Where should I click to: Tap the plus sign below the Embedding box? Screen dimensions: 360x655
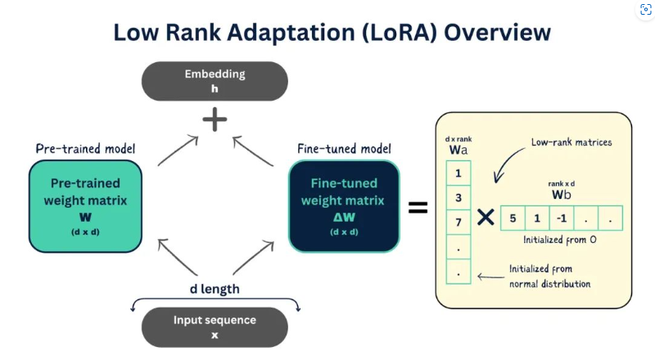[x=215, y=120]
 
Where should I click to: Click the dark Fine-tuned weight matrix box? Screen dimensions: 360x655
[x=344, y=205]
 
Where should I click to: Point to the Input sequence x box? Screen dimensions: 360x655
[x=215, y=326]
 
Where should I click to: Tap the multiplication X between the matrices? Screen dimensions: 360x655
[x=486, y=218]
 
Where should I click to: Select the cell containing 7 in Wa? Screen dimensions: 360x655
[x=458, y=222]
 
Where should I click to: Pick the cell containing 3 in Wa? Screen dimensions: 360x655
[x=458, y=197]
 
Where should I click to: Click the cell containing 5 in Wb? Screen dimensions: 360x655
[x=513, y=218]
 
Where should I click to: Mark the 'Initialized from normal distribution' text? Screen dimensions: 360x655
[x=549, y=276]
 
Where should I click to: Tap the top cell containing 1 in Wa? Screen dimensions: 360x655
[x=458, y=173]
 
